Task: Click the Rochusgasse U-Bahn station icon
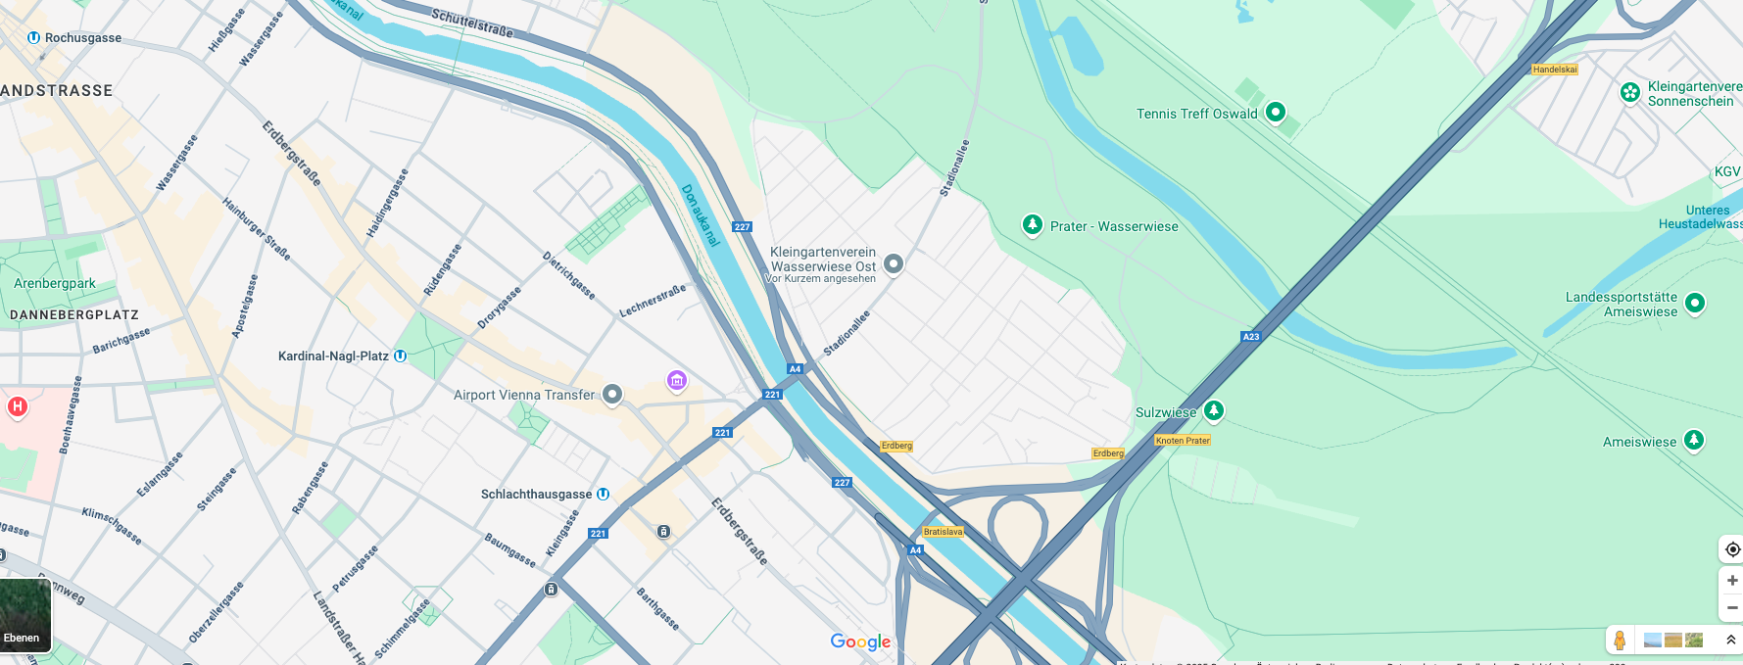coord(33,38)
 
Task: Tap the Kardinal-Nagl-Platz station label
coord(333,356)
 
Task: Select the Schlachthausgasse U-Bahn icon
coord(604,495)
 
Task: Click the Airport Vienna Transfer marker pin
coord(612,394)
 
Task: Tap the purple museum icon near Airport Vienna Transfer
coord(676,380)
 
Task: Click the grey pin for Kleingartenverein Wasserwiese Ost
coord(894,263)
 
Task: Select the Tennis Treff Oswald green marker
coord(1275,112)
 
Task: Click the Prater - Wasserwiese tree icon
coord(1032,225)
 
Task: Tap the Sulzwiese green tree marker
coord(1214,410)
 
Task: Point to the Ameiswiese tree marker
coord(1694,440)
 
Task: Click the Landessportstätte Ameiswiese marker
coord(1695,303)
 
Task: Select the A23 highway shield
coord(1251,337)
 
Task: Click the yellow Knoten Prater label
coord(1183,441)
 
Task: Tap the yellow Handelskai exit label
coord(1555,70)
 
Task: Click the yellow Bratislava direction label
coord(944,532)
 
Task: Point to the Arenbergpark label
coord(55,284)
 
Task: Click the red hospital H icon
coord(18,406)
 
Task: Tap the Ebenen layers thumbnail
coord(25,615)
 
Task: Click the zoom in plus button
coord(1732,581)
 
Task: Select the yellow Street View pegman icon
coord(1620,641)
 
